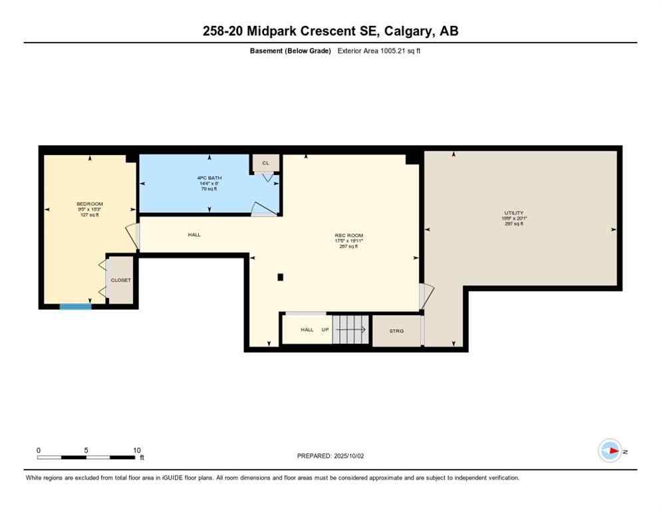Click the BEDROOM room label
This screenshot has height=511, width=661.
[89, 204]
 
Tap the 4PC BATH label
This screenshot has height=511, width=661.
[209, 178]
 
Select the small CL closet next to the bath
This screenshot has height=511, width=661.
[265, 163]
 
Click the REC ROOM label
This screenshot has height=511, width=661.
[348, 235]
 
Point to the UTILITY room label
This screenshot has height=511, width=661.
[513, 213]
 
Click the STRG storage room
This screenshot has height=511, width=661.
[396, 331]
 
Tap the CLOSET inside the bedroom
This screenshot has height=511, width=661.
[120, 280]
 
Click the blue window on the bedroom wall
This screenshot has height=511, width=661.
[75, 306]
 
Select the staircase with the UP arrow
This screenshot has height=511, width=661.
[350, 329]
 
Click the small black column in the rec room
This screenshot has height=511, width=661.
[281, 277]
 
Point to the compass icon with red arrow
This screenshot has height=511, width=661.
[609, 451]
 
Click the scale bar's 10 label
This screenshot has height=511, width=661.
[136, 450]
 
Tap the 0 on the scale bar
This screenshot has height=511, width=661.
[39, 450]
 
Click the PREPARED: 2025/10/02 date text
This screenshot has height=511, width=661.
[330, 456]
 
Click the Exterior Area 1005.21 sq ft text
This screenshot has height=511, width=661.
[378, 51]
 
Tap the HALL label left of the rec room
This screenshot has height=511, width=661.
[194, 234]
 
